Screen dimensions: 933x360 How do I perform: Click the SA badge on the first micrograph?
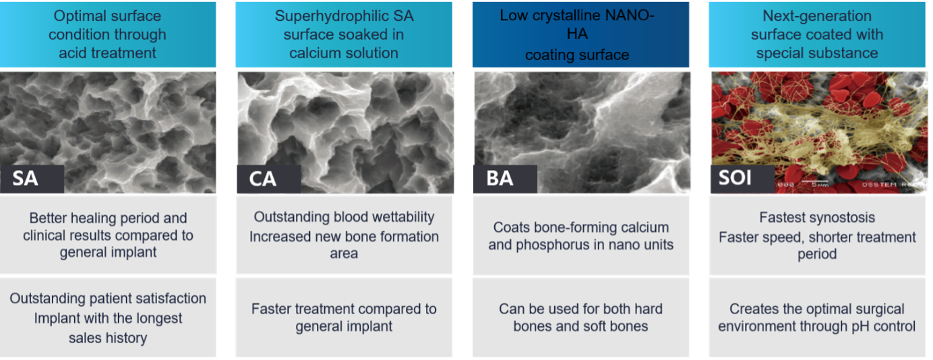coord(32,179)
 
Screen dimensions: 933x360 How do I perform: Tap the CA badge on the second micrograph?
coord(269,179)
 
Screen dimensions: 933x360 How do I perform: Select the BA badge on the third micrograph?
coord(505,179)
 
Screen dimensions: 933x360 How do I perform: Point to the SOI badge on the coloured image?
coord(743,179)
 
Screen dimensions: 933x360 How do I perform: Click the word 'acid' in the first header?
coord(73,53)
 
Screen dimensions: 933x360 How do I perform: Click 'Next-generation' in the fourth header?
coord(817,16)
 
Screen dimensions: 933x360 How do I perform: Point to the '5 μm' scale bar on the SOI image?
coord(816,183)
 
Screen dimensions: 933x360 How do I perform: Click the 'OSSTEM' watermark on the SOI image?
coord(879,185)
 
